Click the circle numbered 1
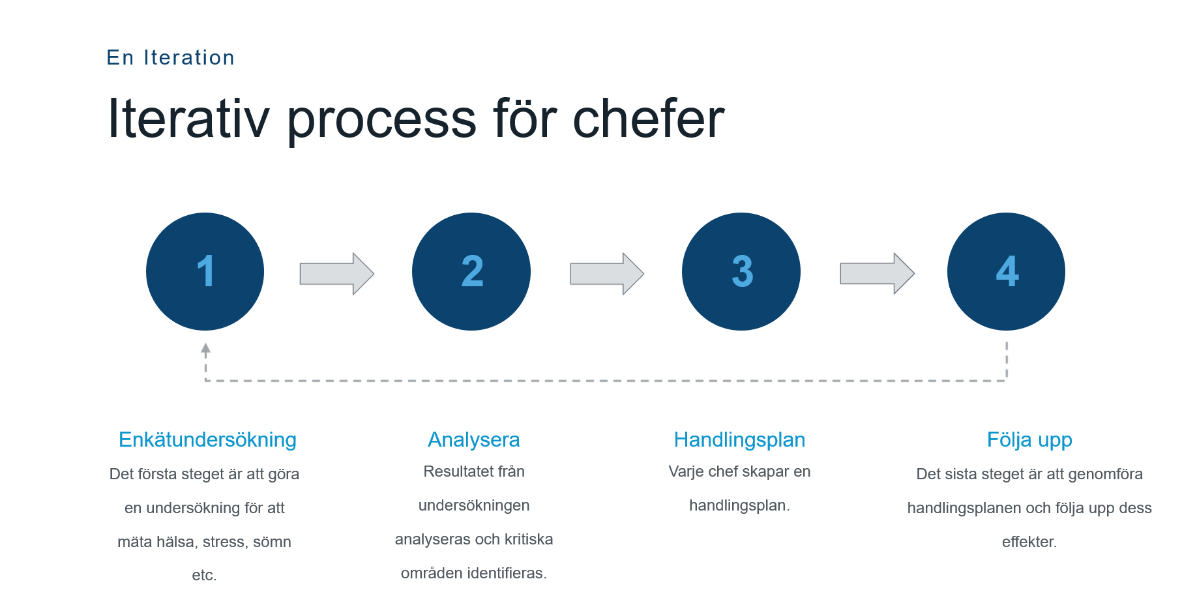click(205, 271)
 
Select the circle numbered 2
click(471, 271)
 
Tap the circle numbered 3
click(741, 271)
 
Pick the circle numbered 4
click(1006, 271)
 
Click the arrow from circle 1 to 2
click(337, 274)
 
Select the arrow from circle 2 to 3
click(607, 274)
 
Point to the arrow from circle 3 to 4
click(878, 274)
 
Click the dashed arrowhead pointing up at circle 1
click(205, 349)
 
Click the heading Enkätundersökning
click(207, 439)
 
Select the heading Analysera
click(474, 439)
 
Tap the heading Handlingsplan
click(739, 439)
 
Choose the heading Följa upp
click(1029, 439)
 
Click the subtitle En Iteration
click(171, 57)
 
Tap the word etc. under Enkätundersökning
click(204, 575)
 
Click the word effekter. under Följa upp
click(1029, 541)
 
